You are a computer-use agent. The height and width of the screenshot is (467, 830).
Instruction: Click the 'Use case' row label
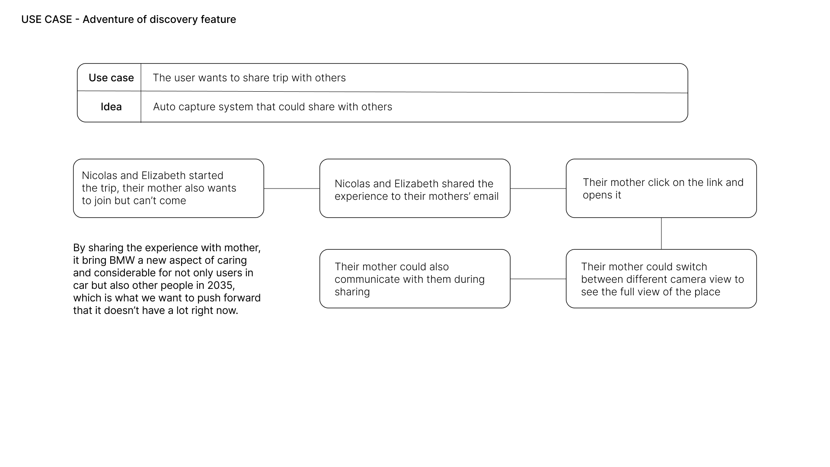click(111, 78)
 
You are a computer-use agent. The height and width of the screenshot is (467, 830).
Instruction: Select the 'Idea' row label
click(111, 107)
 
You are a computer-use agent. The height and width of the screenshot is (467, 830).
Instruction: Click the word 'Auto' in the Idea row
click(164, 107)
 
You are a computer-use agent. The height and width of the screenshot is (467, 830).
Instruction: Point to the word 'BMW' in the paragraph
click(122, 260)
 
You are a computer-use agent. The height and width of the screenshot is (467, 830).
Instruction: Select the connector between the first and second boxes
click(292, 189)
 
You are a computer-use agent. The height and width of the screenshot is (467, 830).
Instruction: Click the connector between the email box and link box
click(538, 189)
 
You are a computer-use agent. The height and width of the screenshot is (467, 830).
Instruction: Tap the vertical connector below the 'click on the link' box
click(661, 233)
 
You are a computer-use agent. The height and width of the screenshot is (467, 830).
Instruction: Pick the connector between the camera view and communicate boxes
click(538, 279)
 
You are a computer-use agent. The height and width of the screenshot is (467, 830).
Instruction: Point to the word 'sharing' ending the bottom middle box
click(352, 292)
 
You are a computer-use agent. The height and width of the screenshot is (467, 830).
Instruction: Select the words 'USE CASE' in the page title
click(46, 19)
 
